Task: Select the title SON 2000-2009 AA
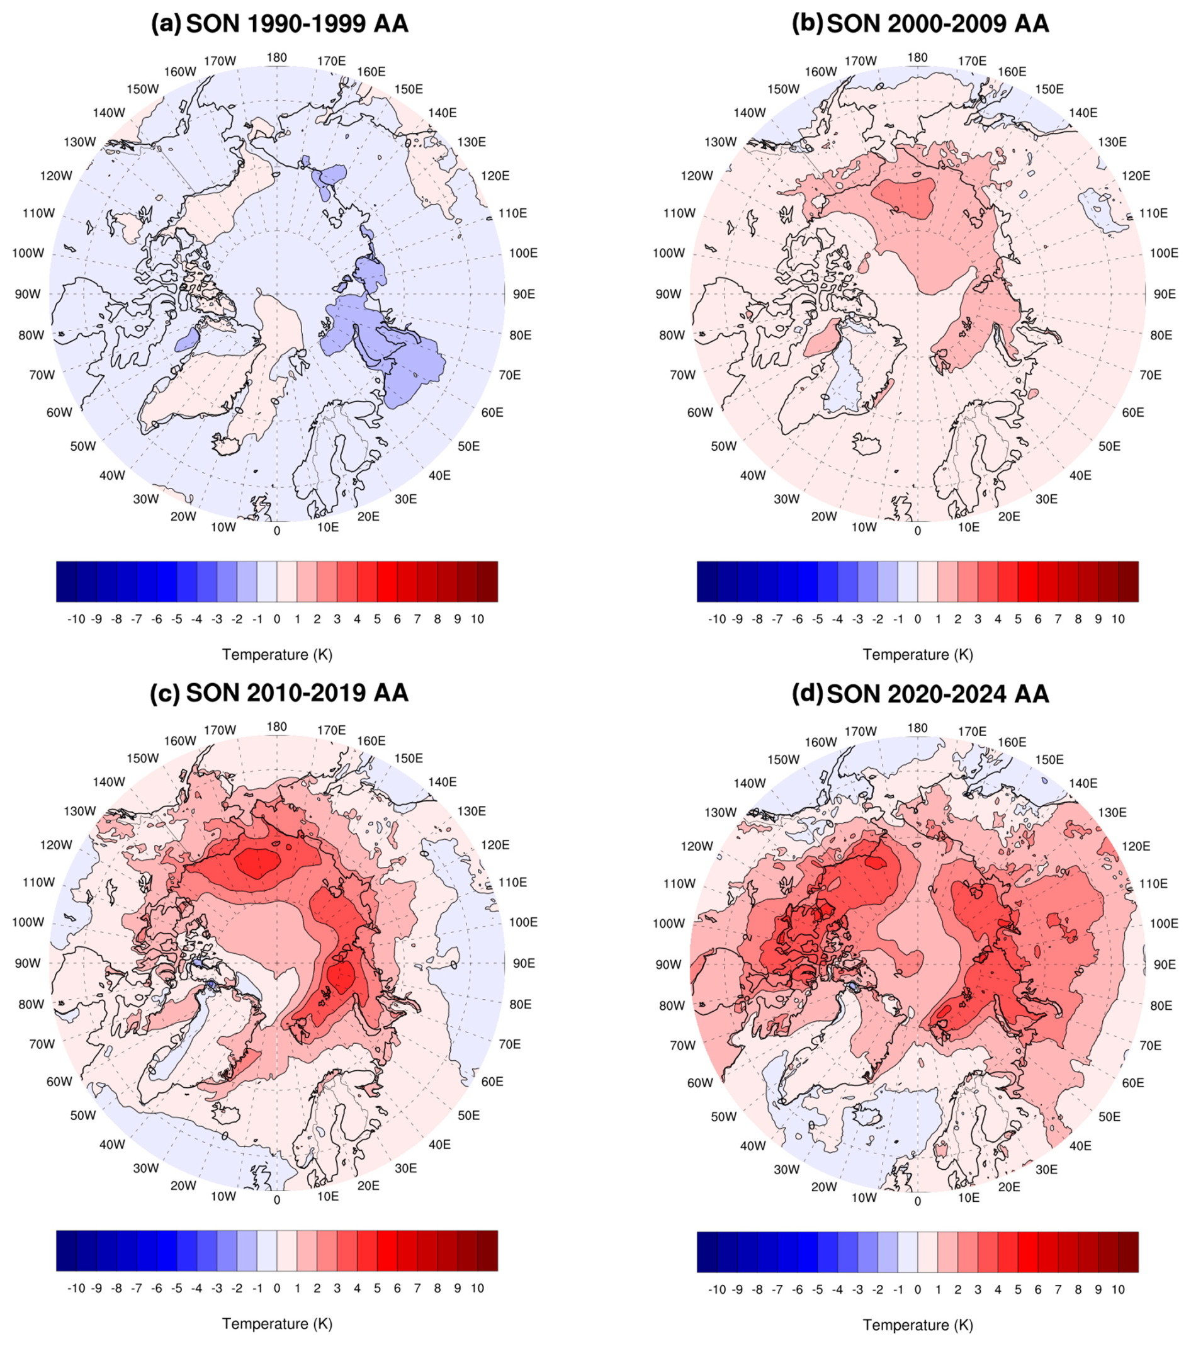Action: coord(937,24)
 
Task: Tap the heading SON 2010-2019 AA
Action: coord(297,693)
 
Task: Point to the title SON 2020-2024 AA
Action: coord(937,694)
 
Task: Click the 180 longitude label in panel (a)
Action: coord(276,57)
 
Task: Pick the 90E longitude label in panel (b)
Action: coord(1165,295)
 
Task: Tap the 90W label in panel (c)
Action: coord(27,963)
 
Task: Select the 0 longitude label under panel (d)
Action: coord(918,1201)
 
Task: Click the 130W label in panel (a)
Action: coord(80,142)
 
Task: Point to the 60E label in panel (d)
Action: coord(1133,1083)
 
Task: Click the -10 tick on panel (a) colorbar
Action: coord(76,619)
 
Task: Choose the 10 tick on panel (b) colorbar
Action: coord(1118,619)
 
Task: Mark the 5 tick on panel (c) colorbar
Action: coord(377,1288)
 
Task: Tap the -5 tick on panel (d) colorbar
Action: coord(818,1289)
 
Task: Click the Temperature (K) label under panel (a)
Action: coord(277,655)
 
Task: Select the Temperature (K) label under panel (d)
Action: coord(918,1325)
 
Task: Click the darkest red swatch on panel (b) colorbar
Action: coord(1129,582)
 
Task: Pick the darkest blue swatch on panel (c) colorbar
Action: coord(67,1250)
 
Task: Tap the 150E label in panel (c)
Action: coord(408,759)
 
